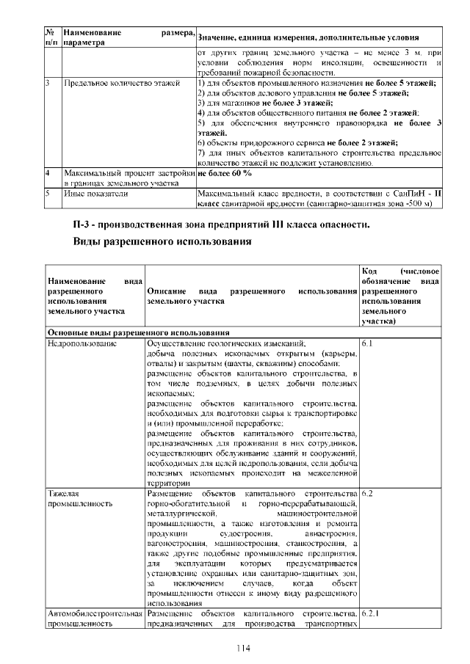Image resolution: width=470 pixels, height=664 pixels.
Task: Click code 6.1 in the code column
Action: coord(368,343)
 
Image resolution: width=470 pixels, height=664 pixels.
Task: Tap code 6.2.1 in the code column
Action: coord(371,613)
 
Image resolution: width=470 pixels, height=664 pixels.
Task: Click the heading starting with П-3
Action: coord(221,223)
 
